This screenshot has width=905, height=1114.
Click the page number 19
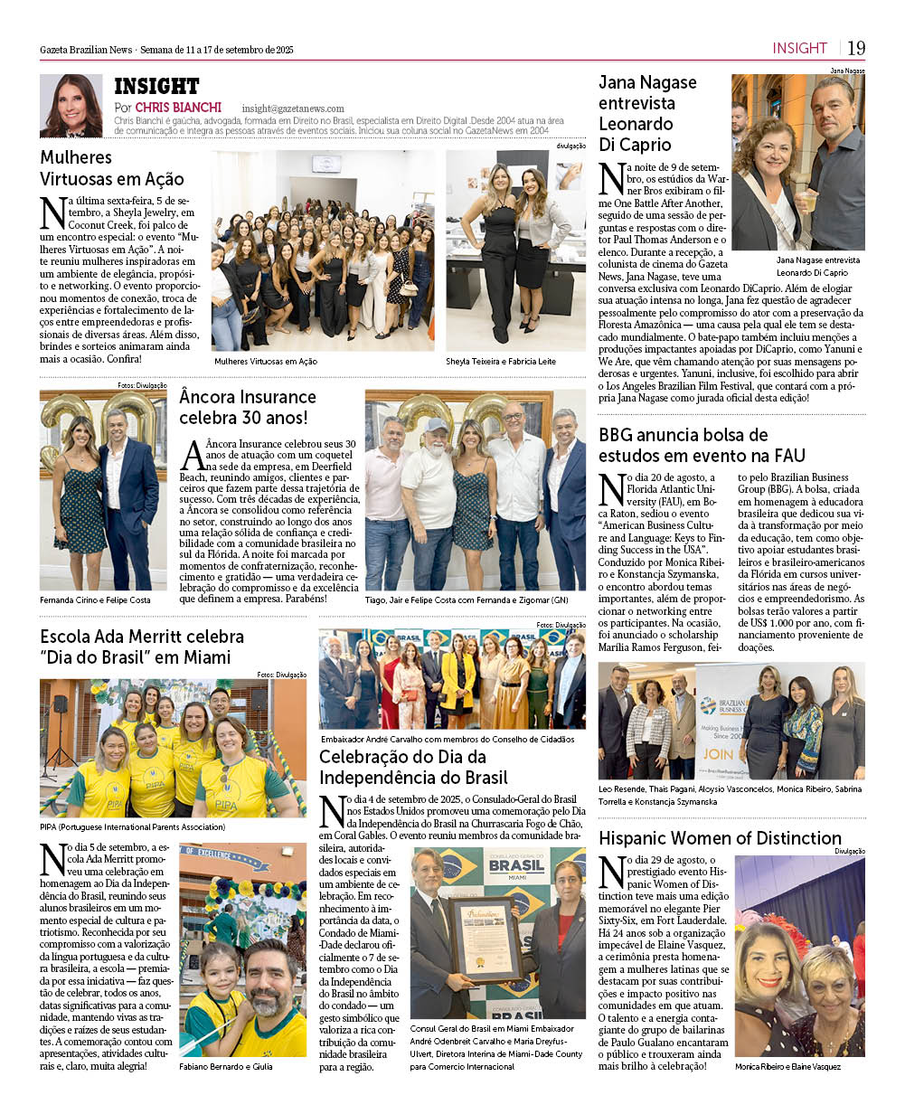856,48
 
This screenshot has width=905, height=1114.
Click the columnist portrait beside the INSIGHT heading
71,106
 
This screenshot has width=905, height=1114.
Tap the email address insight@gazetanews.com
293,109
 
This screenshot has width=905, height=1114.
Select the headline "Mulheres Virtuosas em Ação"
112,168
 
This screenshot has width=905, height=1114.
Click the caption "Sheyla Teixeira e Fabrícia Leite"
501,361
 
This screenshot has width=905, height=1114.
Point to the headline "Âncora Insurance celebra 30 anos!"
248,407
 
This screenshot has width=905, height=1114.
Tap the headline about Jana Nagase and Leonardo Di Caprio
648,113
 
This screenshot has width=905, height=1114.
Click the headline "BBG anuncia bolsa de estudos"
702,445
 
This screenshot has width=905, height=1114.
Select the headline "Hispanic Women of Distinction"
720,838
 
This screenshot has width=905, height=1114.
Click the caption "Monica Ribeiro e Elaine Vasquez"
787,1066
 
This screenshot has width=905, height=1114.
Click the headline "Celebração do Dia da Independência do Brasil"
414,767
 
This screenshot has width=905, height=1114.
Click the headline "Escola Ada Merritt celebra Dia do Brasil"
142,647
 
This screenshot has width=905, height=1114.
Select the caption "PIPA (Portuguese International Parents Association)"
133,826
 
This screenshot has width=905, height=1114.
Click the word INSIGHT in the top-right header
799,48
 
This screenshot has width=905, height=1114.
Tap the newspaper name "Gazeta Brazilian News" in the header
86,50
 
